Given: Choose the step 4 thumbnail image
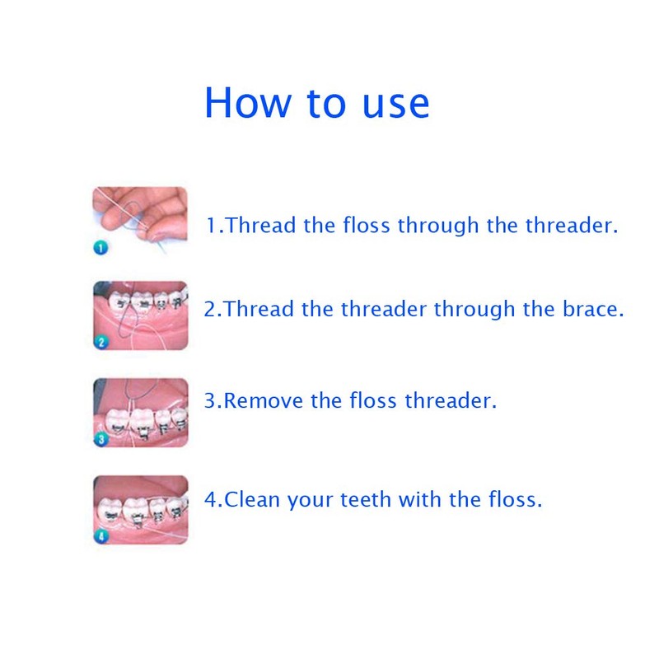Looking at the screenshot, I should click(140, 510).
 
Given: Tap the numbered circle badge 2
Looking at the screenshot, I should click(101, 343).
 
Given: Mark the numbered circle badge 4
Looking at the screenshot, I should click(101, 536).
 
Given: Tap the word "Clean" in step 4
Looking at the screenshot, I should click(254, 499).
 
